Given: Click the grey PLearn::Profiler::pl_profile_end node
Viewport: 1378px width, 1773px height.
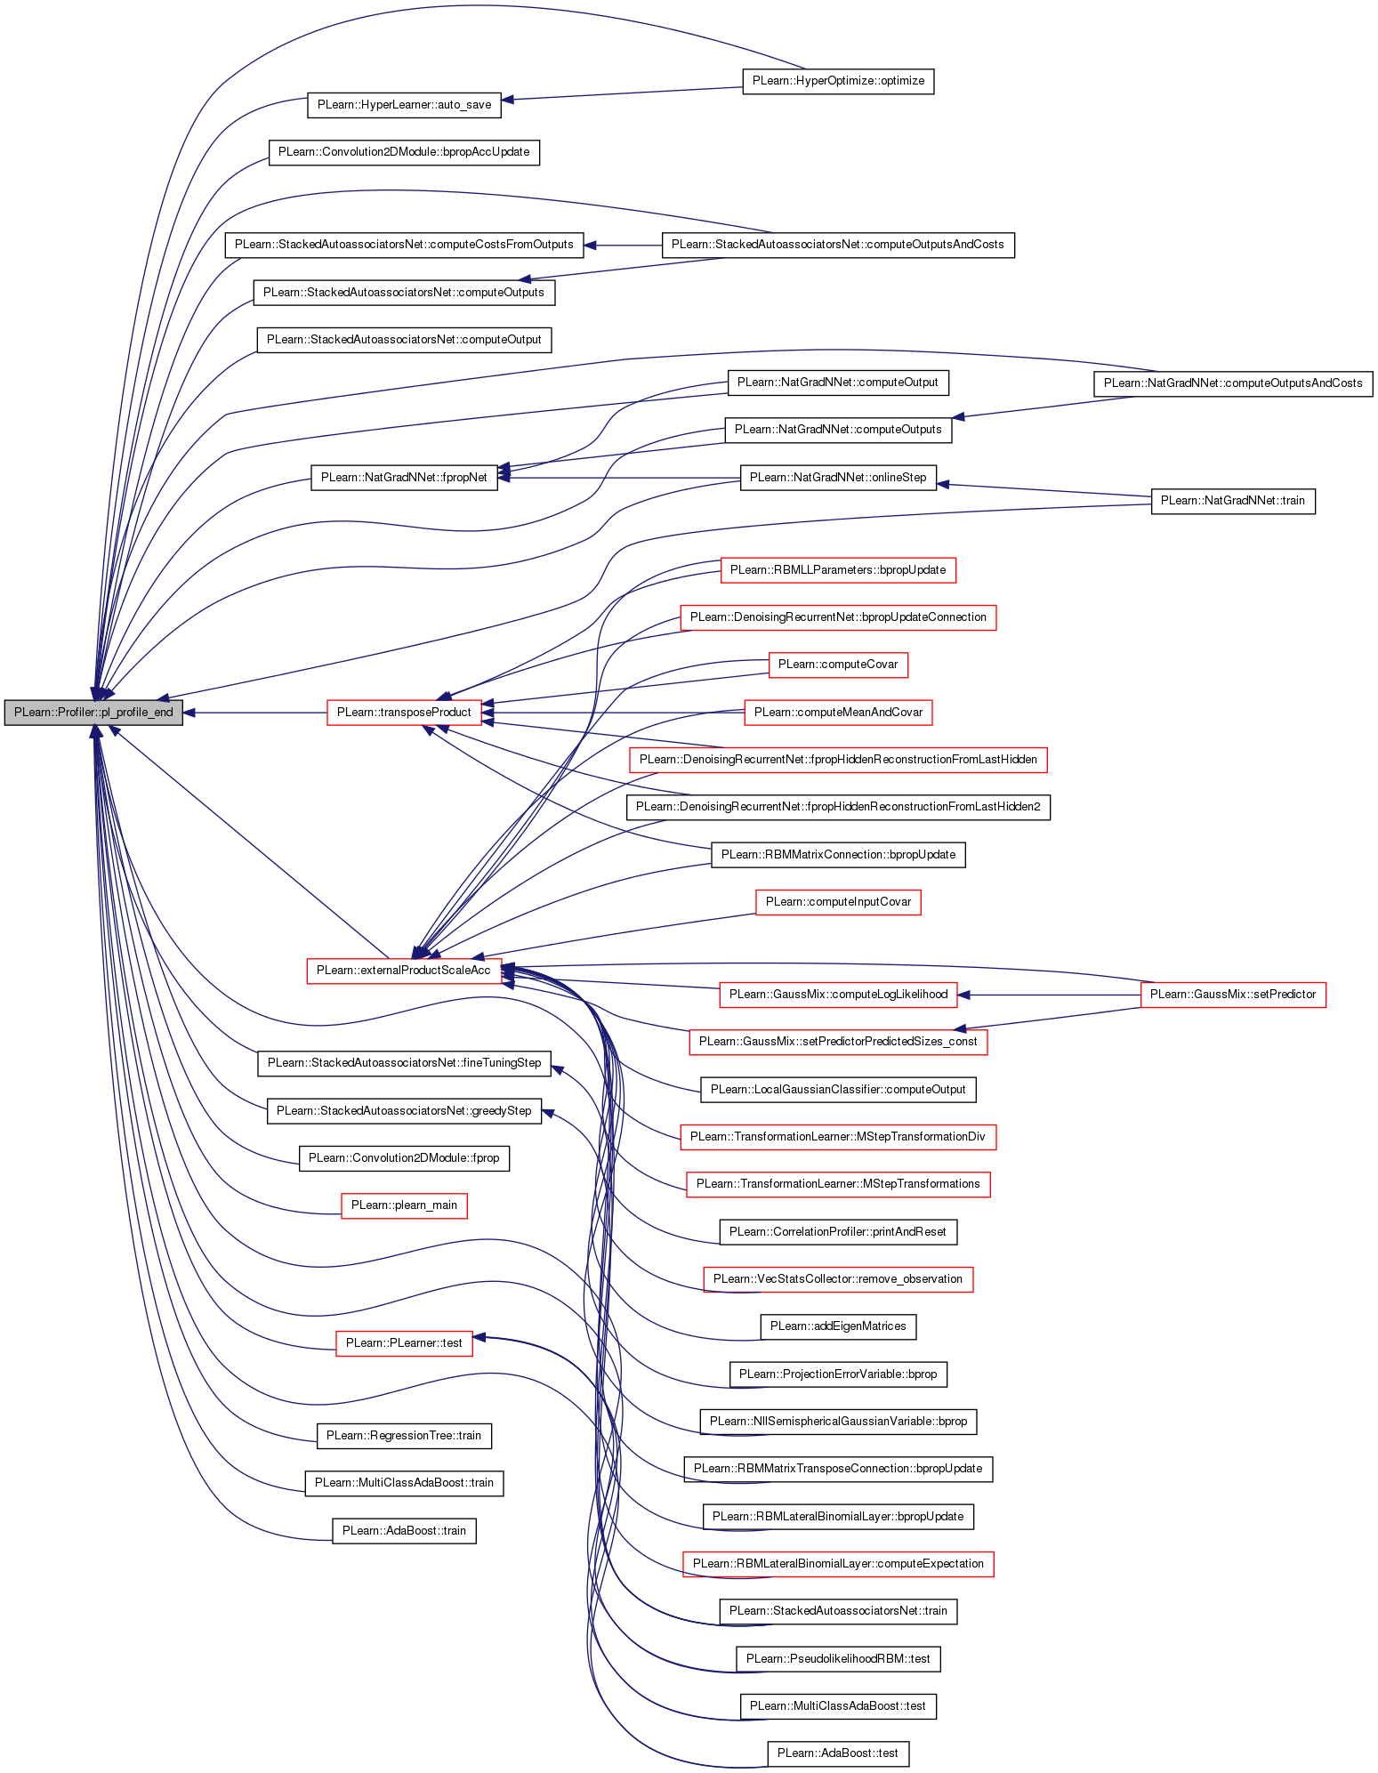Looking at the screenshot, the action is click(93, 713).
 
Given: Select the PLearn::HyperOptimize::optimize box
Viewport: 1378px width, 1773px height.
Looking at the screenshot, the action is click(838, 81).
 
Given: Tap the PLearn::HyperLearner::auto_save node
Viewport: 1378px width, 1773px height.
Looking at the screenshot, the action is click(404, 105).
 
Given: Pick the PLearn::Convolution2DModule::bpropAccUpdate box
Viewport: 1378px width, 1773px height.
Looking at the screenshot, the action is click(404, 152).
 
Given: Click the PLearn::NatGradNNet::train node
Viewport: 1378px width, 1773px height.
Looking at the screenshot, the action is click(1233, 501).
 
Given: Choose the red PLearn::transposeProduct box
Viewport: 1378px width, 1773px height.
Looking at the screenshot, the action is click(404, 713).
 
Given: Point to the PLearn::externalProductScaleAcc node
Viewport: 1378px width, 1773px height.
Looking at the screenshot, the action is click(404, 971).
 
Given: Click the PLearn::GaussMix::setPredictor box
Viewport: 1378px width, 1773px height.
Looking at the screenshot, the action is click(1233, 995).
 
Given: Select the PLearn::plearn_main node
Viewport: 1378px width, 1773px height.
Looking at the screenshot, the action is click(404, 1205).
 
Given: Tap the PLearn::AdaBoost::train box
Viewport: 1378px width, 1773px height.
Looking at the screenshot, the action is click(404, 1531).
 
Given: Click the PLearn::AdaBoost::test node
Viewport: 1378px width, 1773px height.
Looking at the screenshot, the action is click(838, 1753).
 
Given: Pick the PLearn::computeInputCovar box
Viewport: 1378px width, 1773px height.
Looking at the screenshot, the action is click(838, 902).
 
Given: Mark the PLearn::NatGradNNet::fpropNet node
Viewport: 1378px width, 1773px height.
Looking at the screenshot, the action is click(404, 478).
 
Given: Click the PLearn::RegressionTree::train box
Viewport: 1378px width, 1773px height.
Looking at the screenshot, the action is click(404, 1436).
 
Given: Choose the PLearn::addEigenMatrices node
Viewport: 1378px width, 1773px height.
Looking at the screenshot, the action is click(838, 1326).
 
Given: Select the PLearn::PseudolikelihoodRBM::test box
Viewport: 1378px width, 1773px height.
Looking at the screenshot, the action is click(838, 1659).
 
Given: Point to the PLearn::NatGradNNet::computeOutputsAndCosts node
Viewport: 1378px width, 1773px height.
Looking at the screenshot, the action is click(1233, 383).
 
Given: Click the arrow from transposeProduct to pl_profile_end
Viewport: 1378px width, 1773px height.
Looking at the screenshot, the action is click(255, 713).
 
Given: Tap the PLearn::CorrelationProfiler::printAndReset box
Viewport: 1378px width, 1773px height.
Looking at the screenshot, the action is click(838, 1232).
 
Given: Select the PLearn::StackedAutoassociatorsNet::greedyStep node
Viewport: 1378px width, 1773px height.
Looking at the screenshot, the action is click(404, 1111).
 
